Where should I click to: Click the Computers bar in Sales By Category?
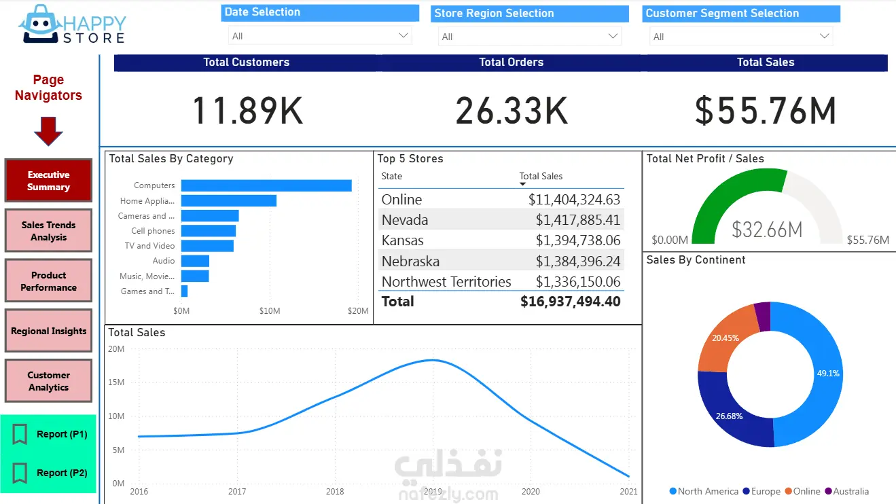266,185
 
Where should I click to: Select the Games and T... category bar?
184,291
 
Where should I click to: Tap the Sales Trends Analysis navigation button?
48,231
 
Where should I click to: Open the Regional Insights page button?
48,331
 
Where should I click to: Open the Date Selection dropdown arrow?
404,35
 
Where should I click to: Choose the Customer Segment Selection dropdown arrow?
825,36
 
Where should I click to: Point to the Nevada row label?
405,220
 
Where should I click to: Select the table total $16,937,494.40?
570,302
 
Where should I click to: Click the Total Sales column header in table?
541,177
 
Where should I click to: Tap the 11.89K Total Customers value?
247,111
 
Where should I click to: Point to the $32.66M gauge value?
767,230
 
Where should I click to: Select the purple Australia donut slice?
763,317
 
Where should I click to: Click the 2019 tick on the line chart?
433,491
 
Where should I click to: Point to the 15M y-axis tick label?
117,382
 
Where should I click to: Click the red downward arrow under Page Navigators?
48,131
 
